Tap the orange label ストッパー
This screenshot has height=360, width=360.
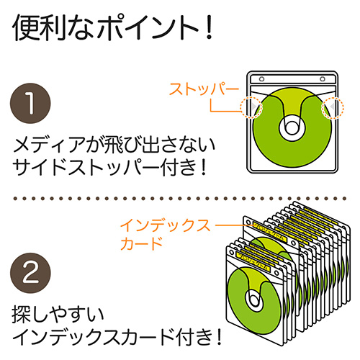click(203, 90)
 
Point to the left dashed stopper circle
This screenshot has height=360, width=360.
click(250, 107)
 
